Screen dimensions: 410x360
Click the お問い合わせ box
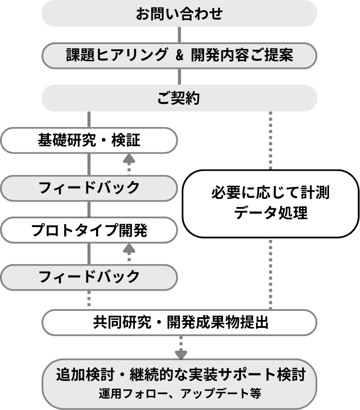tap(179, 14)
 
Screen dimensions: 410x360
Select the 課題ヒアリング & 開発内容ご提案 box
tap(179, 55)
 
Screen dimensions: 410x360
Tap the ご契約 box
tap(179, 98)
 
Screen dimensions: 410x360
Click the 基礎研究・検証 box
tap(89, 141)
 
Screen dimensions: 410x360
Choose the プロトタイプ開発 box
tap(89, 230)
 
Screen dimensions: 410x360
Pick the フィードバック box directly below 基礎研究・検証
tap(89, 188)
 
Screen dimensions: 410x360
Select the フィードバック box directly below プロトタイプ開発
tap(89, 276)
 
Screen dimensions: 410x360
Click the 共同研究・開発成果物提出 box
tap(179, 323)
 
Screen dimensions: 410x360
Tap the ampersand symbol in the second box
tap(179, 56)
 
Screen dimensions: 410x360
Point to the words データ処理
tap(271, 214)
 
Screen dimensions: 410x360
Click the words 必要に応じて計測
tap(271, 193)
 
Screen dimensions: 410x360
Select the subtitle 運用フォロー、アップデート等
tap(179, 393)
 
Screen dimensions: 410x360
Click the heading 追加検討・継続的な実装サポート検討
tap(179, 375)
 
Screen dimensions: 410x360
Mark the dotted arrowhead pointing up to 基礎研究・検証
tap(129, 158)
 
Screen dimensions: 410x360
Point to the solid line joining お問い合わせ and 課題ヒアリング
tap(179, 34)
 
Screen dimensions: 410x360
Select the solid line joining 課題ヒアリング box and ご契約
tap(179, 77)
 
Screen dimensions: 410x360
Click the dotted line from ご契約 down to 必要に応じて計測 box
tap(271, 140)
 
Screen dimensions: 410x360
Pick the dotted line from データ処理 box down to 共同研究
tap(271, 273)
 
